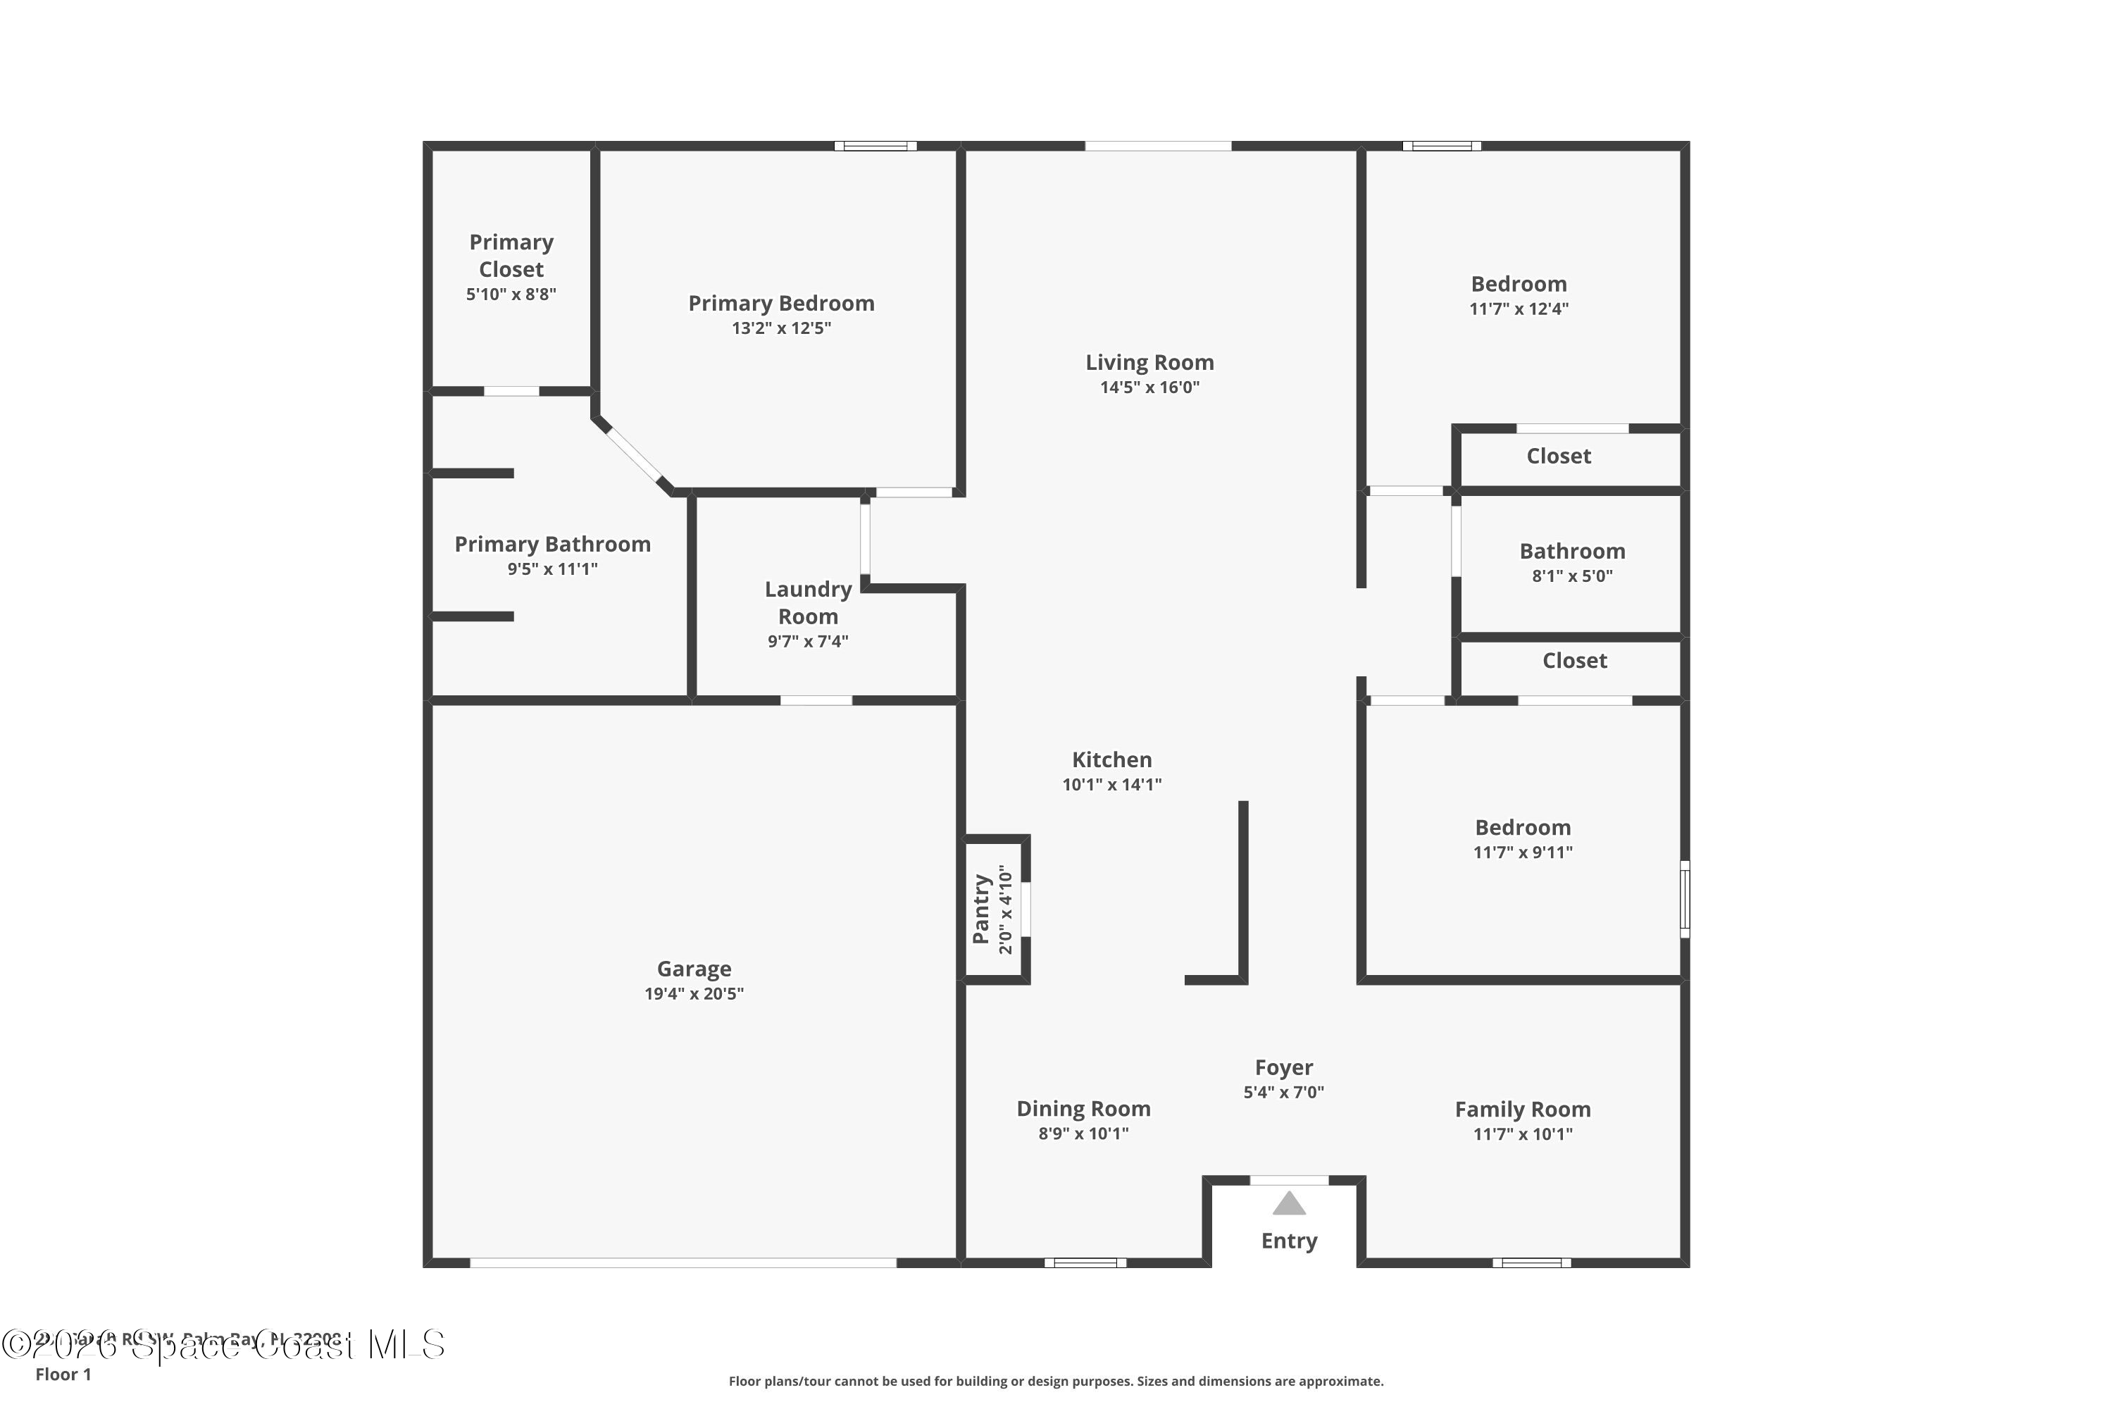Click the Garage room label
pyautogui.click(x=694, y=969)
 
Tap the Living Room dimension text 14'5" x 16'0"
pyautogui.click(x=1149, y=387)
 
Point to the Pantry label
pyautogui.click(x=981, y=909)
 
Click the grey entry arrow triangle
pyautogui.click(x=1288, y=1203)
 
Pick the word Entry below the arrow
pyautogui.click(x=1288, y=1241)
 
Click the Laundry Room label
pyautogui.click(x=808, y=602)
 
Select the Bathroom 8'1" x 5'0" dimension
pyautogui.click(x=1571, y=576)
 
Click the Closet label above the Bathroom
pyautogui.click(x=1558, y=457)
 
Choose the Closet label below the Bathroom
pyautogui.click(x=1574, y=661)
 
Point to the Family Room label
pyautogui.click(x=1522, y=1110)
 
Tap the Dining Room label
pyautogui.click(x=1083, y=1109)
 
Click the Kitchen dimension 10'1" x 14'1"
pyautogui.click(x=1111, y=785)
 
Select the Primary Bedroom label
pyautogui.click(x=780, y=304)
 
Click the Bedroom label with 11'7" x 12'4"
pyautogui.click(x=1519, y=284)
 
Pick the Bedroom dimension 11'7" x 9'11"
pyautogui.click(x=1522, y=852)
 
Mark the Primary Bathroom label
pyautogui.click(x=551, y=545)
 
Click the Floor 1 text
pyautogui.click(x=63, y=1374)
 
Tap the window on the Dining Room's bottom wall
pyautogui.click(x=1085, y=1262)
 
